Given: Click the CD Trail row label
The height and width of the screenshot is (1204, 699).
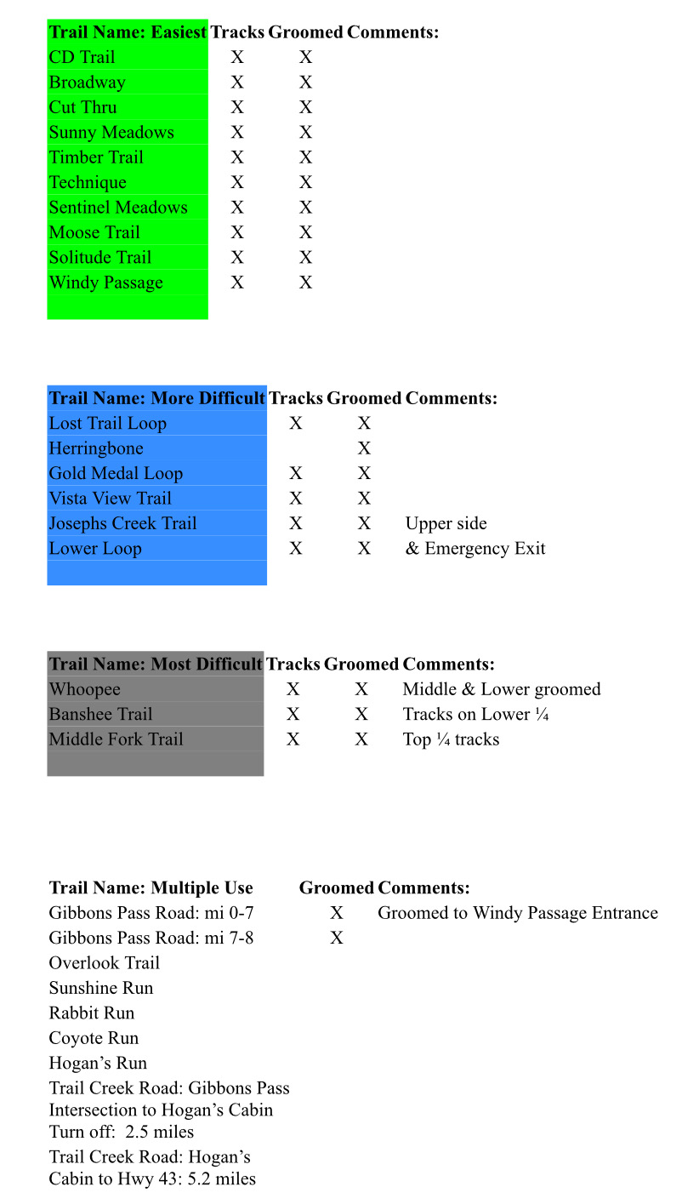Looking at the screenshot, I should point(82,57).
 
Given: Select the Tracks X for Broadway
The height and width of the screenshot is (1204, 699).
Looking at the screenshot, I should point(237,83).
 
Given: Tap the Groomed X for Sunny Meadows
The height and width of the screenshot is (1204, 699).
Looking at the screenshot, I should point(306,132).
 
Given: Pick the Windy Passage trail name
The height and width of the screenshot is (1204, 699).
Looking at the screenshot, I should point(105,282).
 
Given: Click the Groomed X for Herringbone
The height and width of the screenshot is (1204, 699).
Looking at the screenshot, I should point(365,448).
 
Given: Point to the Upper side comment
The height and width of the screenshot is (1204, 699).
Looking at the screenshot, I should point(446,523).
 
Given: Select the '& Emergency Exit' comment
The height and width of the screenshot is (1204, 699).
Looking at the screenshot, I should point(475,549).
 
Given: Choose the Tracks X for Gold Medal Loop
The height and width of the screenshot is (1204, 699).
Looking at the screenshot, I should point(296,473).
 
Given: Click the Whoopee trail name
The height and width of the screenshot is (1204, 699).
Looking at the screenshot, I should point(84,689).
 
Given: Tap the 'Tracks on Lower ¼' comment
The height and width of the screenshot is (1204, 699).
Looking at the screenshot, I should point(475,714).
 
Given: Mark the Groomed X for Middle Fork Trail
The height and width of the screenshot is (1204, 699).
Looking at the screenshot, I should point(361,739).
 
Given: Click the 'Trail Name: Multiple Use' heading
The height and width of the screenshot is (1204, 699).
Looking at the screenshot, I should point(151,888).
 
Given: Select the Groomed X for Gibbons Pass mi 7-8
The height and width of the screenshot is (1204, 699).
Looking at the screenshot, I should point(337,938).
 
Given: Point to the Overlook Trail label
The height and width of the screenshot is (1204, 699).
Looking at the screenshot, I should point(104,963).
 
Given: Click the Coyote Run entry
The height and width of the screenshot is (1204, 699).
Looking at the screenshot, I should point(94,1038).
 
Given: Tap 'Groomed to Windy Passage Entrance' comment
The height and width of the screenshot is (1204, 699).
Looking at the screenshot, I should point(517,913).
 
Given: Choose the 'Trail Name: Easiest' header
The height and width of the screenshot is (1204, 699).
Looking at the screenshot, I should point(128,32).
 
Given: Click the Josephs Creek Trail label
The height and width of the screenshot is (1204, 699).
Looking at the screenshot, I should point(122,523).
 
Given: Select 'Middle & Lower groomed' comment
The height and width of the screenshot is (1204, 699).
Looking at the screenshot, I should point(501,689).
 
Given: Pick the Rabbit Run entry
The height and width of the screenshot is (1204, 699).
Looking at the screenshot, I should point(91,1013).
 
